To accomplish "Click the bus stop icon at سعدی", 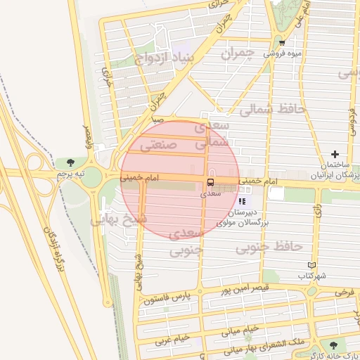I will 211,182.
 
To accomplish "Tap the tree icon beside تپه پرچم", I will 68,164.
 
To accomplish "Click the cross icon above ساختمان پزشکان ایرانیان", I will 335,154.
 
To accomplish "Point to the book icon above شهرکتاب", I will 312,266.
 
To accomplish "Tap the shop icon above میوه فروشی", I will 282,41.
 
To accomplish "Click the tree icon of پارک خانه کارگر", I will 333,345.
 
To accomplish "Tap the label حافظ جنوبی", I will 269,247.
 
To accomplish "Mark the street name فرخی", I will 344,290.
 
